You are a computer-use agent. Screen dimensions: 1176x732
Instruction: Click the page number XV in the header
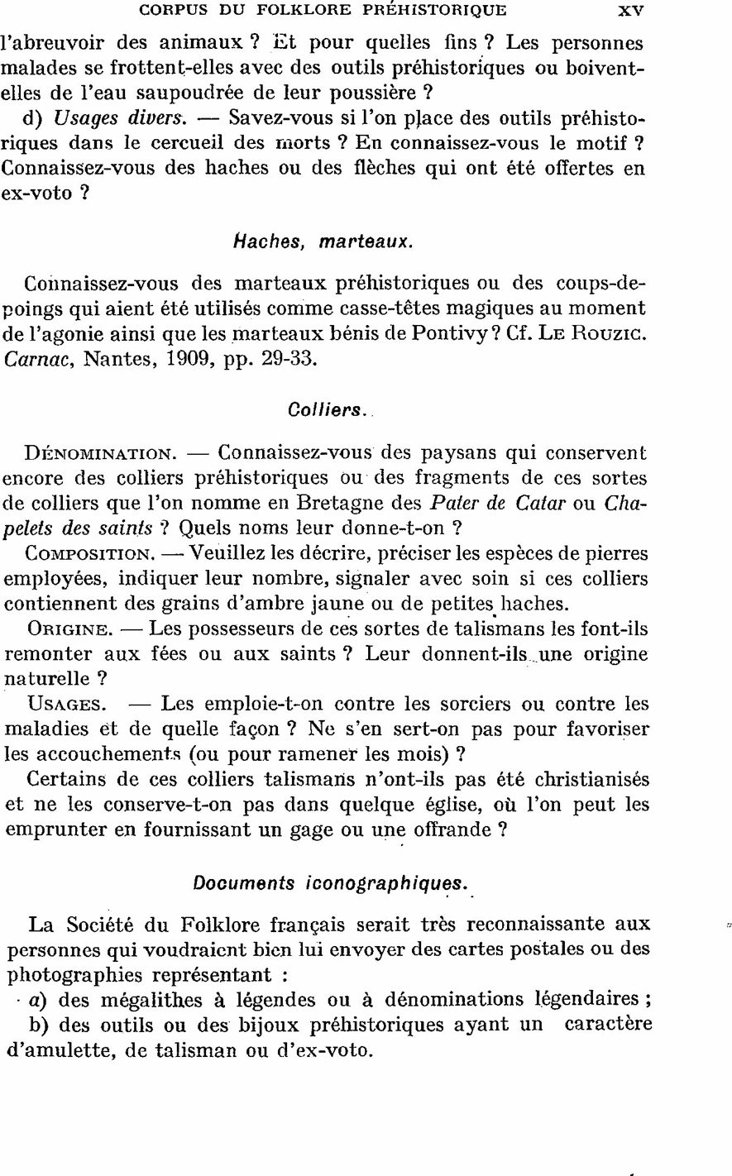[x=630, y=11]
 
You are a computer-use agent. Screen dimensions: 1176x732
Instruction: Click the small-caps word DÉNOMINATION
[x=100, y=454]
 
